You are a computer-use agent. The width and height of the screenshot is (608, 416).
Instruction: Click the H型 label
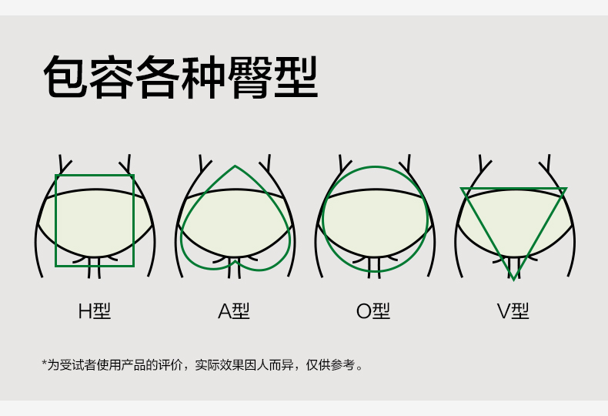coord(95,311)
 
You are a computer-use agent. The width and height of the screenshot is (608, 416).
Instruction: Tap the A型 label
coord(234,311)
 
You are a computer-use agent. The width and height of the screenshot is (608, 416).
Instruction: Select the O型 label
coord(373,311)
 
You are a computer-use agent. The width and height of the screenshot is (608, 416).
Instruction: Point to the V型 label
coord(513,311)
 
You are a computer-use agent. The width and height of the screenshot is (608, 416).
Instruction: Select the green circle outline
coord(322,220)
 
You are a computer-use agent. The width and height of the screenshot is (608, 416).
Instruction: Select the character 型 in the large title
coord(296,78)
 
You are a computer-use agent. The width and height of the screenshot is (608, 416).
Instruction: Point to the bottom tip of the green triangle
coord(513,278)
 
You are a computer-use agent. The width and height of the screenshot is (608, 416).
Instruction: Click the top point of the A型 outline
coord(235,166)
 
